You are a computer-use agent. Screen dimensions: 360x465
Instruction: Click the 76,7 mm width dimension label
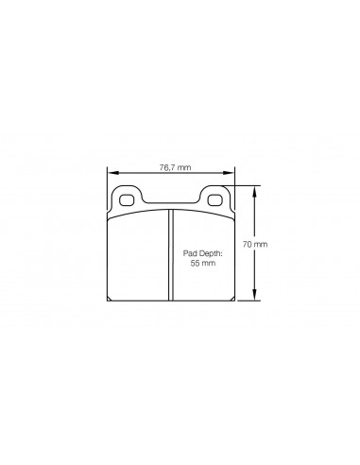(x=175, y=167)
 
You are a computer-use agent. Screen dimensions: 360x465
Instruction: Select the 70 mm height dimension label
(x=255, y=244)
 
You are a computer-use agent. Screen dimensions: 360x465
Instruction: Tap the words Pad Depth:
(x=203, y=253)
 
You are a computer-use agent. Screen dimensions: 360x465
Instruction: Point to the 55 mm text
(x=203, y=263)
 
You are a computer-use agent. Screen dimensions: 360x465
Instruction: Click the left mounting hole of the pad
(x=127, y=199)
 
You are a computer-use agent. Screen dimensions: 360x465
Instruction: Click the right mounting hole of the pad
(x=215, y=199)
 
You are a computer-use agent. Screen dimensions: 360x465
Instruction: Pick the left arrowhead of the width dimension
(x=112, y=173)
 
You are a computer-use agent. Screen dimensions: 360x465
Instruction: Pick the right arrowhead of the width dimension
(x=230, y=173)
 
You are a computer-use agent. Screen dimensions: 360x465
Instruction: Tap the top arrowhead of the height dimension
(x=255, y=191)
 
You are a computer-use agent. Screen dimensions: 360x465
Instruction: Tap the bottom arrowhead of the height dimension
(x=255, y=295)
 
